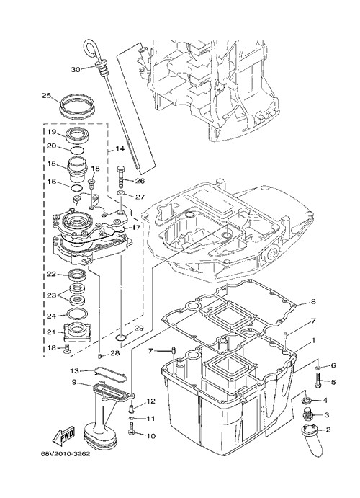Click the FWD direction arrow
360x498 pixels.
pyautogui.click(x=64, y=435)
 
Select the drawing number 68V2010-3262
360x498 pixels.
pyautogui.click(x=65, y=454)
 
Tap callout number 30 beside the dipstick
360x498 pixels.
pyautogui.click(x=76, y=69)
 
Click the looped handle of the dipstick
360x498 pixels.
pyautogui.click(x=91, y=48)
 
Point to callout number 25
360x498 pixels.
pyautogui.click(x=47, y=95)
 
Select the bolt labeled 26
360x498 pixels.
pyautogui.click(x=122, y=177)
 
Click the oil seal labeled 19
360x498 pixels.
pyautogui.click(x=77, y=134)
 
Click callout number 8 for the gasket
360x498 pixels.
pyautogui.click(x=313, y=301)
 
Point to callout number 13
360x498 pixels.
pyautogui.click(x=74, y=370)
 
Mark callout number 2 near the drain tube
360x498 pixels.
pyautogui.click(x=328, y=430)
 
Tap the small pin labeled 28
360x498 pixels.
pyautogui.click(x=99, y=356)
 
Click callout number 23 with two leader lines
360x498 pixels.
pyautogui.click(x=52, y=295)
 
